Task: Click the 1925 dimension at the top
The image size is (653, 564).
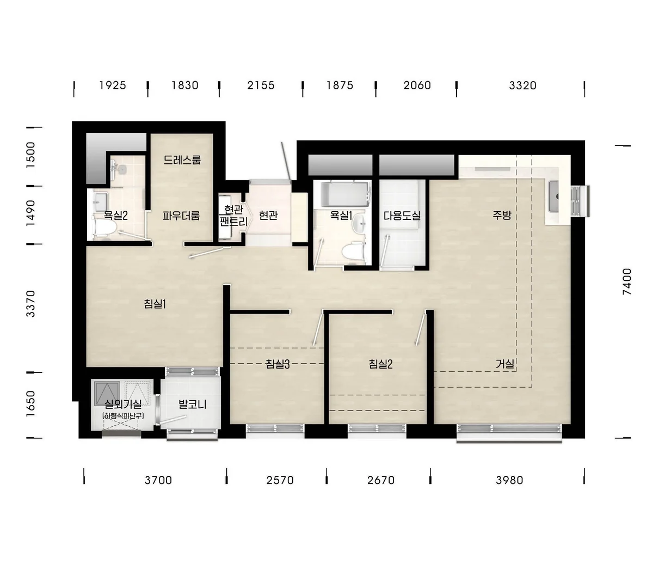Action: (x=113, y=85)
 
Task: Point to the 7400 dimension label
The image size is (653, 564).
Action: (x=627, y=281)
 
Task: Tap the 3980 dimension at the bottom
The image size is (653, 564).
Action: (x=509, y=480)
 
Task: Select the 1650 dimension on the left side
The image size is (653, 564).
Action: (x=30, y=404)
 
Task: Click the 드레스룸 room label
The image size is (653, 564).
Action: (x=182, y=160)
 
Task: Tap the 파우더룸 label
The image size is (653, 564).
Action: (x=181, y=216)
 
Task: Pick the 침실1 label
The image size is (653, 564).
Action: (x=155, y=304)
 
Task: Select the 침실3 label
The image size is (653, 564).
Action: (x=278, y=364)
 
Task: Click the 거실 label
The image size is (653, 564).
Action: (x=504, y=364)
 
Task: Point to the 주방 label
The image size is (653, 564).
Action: (x=502, y=215)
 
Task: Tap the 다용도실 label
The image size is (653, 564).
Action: (x=402, y=216)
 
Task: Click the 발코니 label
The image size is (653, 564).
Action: (x=193, y=404)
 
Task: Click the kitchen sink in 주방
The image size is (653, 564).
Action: (x=553, y=197)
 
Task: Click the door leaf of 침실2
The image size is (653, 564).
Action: (x=420, y=328)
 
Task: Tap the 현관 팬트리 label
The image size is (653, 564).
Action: (x=233, y=215)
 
